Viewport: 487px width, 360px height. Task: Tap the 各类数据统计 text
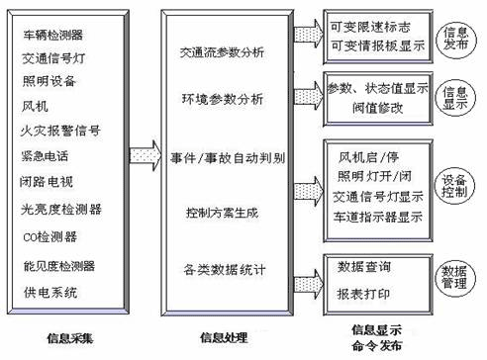(x=223, y=268)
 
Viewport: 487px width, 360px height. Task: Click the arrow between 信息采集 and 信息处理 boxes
(x=146, y=153)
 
